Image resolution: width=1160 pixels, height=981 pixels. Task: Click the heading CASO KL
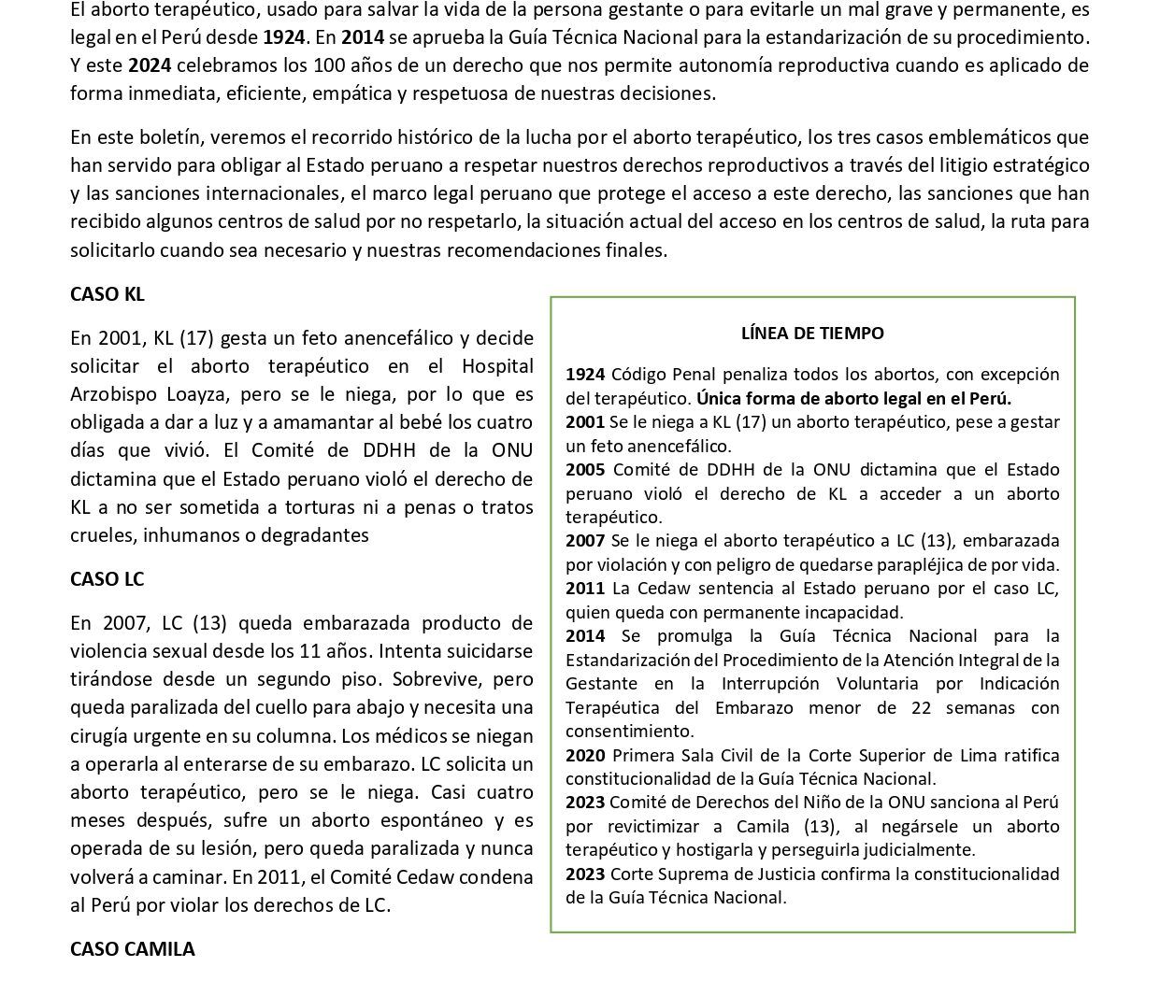(107, 294)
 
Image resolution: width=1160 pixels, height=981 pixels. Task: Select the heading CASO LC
(107, 579)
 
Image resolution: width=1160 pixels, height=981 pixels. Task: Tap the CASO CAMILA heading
(133, 949)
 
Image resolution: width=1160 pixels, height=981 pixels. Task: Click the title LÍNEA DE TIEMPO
(812, 333)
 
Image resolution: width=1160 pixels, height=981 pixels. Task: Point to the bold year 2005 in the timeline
(585, 469)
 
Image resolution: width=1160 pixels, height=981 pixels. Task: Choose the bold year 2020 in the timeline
(585, 755)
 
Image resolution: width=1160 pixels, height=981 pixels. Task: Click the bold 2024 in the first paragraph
(149, 65)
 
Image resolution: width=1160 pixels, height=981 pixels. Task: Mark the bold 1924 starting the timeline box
(585, 374)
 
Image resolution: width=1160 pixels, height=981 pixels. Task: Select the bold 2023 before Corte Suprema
(585, 874)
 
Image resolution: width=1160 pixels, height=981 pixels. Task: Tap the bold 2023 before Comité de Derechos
(585, 802)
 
